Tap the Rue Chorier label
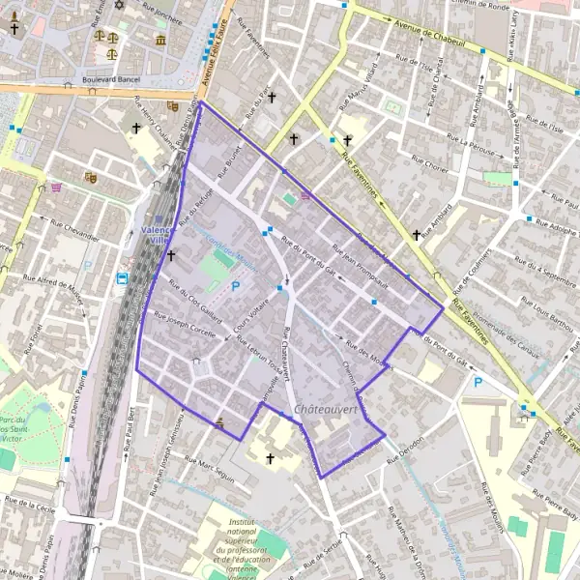(430, 166)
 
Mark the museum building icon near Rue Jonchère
(159, 40)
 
